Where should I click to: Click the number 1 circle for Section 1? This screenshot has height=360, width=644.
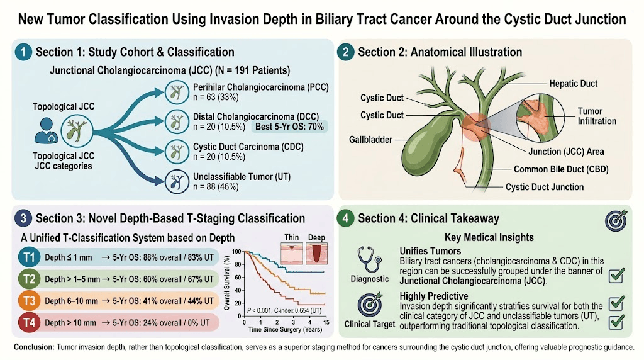click(23, 52)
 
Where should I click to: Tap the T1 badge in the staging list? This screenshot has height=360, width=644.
click(29, 257)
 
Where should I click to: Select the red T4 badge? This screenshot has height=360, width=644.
click(29, 323)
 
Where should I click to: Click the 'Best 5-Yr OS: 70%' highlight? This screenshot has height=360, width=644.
click(289, 127)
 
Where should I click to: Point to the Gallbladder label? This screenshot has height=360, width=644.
click(370, 140)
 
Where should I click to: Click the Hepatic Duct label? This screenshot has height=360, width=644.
click(574, 84)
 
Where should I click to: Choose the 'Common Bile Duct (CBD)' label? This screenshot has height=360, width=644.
click(561, 169)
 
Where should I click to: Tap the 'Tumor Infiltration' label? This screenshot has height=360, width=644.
click(597, 116)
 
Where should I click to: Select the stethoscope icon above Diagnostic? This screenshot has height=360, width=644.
click(369, 259)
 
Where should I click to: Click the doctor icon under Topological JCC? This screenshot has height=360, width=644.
click(46, 131)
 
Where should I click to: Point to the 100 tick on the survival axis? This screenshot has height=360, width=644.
click(236, 252)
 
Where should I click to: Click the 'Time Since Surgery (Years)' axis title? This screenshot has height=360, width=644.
click(285, 329)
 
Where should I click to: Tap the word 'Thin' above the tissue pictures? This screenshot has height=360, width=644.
click(292, 237)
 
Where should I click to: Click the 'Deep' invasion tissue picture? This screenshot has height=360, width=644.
click(317, 253)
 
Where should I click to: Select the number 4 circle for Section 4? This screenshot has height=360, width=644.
click(345, 218)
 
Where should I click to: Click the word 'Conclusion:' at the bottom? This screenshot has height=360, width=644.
click(34, 347)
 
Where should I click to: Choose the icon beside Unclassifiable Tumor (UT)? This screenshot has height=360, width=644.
click(177, 182)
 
